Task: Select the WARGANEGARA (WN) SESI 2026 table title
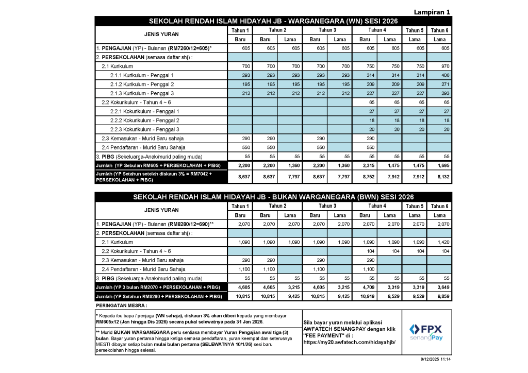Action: click(x=273, y=21)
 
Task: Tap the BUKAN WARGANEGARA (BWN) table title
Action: click(x=273, y=197)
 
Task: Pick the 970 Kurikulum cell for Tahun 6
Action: click(x=439, y=66)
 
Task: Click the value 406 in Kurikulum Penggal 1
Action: click(x=439, y=75)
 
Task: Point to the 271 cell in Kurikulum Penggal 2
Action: click(x=439, y=84)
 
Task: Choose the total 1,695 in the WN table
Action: click(x=439, y=165)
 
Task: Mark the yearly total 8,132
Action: click(x=439, y=177)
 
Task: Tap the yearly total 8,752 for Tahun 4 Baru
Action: click(x=365, y=177)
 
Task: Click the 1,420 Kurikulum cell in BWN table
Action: click(x=439, y=242)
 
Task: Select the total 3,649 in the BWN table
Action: click(x=439, y=287)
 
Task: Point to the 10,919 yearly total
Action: click(x=365, y=296)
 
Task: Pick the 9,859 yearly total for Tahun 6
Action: click(x=439, y=296)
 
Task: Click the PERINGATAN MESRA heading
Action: click(x=118, y=306)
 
